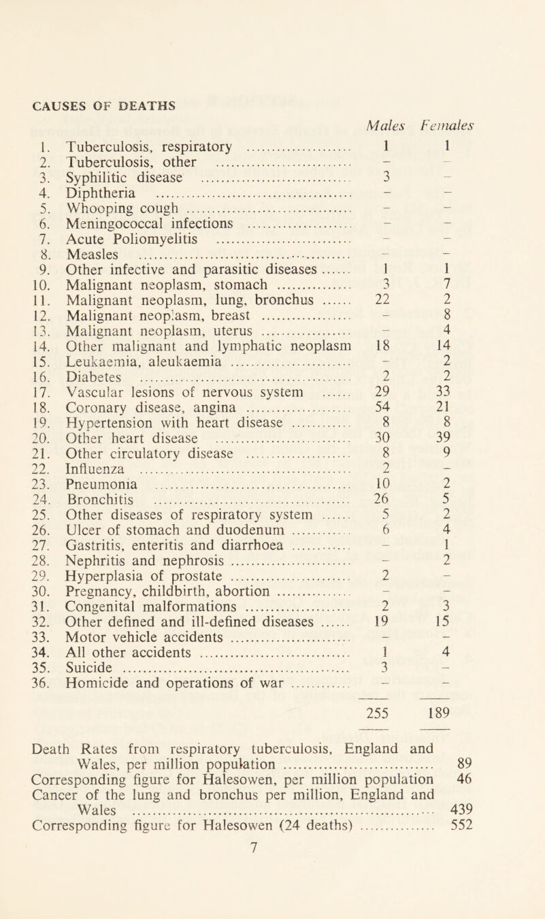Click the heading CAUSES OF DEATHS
point(93,104)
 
